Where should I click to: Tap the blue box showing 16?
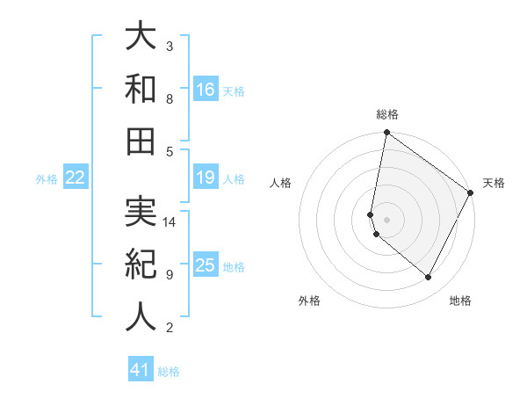pyautogui.click(x=206, y=90)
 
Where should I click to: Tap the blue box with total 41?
pyautogui.click(x=141, y=370)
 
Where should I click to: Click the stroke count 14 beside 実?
pyautogui.click(x=170, y=222)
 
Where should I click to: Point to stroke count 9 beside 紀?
pyautogui.click(x=170, y=275)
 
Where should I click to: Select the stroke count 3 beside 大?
pyautogui.click(x=170, y=46)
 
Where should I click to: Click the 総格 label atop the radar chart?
pyautogui.click(x=387, y=114)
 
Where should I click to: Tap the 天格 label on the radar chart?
pyautogui.click(x=494, y=183)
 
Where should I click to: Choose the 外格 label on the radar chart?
pyautogui.click(x=309, y=301)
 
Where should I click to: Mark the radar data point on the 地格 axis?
pyautogui.click(x=429, y=277)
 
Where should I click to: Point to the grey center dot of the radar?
pyautogui.click(x=387, y=219)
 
